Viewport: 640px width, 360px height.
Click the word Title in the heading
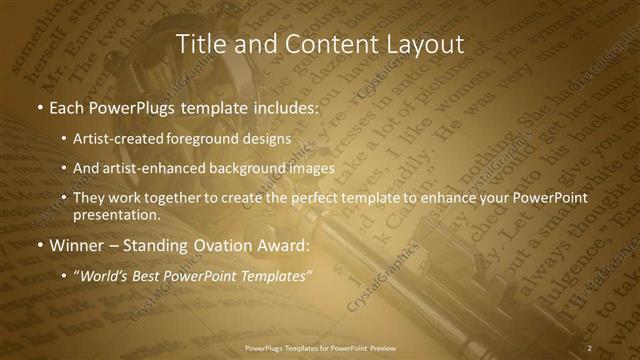click(x=200, y=44)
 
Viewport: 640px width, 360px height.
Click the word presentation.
click(x=116, y=214)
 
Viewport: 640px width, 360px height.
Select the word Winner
click(x=77, y=245)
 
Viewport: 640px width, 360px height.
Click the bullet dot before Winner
click(x=39, y=245)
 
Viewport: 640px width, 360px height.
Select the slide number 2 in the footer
click(x=590, y=348)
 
